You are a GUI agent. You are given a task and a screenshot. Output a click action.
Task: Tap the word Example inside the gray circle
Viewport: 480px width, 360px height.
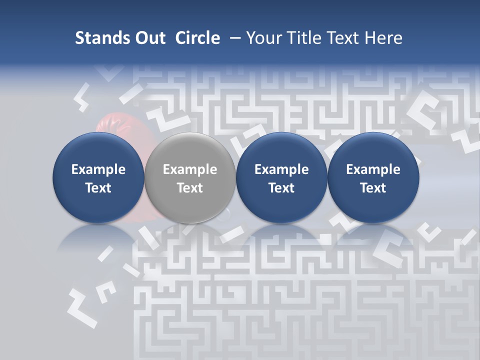pos(190,170)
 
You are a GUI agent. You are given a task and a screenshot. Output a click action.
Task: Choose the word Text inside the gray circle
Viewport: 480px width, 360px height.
pos(190,188)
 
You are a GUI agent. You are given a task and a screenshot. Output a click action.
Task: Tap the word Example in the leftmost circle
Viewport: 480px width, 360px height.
pos(98,170)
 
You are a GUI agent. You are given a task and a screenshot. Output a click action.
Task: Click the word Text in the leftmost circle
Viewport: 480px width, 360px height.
pos(98,188)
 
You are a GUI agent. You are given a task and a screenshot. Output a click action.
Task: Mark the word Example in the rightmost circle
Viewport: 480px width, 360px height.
pos(373,170)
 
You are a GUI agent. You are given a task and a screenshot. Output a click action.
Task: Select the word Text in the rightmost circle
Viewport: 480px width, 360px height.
pos(373,188)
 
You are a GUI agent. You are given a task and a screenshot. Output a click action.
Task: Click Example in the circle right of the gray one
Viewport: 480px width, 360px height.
pos(281,170)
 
